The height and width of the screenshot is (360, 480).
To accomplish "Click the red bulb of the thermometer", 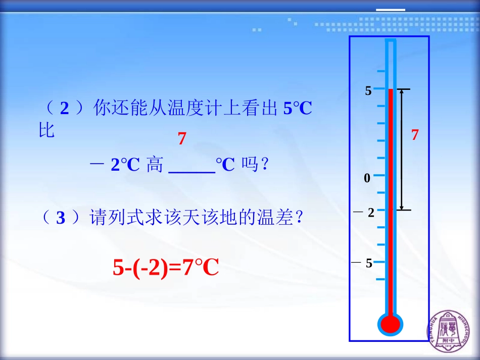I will pyautogui.click(x=390, y=324).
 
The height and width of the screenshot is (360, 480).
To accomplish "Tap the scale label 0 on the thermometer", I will pyautogui.click(x=367, y=178).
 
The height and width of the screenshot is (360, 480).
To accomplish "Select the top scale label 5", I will pyautogui.click(x=368, y=91).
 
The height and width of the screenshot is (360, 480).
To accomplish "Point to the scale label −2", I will pyautogui.click(x=365, y=213).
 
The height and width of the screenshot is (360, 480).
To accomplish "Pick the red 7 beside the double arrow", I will pyautogui.click(x=415, y=135).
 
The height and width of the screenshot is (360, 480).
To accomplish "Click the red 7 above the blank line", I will pyautogui.click(x=182, y=139).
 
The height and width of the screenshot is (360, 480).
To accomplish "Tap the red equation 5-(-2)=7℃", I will pyautogui.click(x=165, y=268).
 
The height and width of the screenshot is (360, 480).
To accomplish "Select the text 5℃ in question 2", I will pyautogui.click(x=297, y=109).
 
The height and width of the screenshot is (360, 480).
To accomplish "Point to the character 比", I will pyautogui.click(x=47, y=131).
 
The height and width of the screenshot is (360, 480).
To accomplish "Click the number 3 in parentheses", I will pyautogui.click(x=61, y=218).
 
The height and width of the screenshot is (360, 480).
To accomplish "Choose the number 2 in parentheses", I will pyautogui.click(x=64, y=109).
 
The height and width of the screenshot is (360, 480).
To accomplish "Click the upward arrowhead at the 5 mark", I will pyautogui.click(x=402, y=92).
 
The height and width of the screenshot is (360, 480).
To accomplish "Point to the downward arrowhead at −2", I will pyautogui.click(x=402, y=207).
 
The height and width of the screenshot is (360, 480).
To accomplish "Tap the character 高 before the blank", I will pyautogui.click(x=155, y=165).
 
